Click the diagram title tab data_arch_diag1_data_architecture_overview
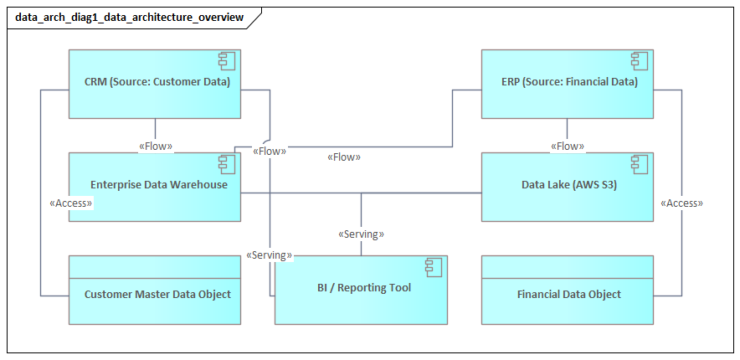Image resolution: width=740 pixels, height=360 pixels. pos(130,17)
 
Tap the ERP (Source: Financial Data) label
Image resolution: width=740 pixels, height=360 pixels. pos(567,82)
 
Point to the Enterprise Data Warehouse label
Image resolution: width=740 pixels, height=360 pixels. pos(159,184)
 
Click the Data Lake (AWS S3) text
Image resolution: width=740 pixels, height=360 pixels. pos(568,184)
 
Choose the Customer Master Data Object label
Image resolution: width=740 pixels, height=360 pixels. pos(157,294)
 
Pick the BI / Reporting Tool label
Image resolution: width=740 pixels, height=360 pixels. pos(364,287)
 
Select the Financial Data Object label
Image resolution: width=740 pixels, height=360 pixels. pos(568,294)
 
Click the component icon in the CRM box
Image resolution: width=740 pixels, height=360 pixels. pos(227,60)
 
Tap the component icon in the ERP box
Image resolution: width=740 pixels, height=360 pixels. pos(640,60)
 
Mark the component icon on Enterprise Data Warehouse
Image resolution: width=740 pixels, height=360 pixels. pos(227,163)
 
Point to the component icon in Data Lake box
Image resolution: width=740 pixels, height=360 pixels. pos(640,163)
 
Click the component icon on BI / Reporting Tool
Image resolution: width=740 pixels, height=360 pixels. pos(434,267)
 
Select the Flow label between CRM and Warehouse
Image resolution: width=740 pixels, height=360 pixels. pos(156,147)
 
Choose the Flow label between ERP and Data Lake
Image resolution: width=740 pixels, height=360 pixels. pos(568,147)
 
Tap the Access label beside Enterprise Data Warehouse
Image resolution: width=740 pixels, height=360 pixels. pos(71,203)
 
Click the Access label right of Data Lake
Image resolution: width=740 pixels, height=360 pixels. pos(681,203)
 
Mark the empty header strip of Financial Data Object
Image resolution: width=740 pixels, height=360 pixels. pos(568,266)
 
